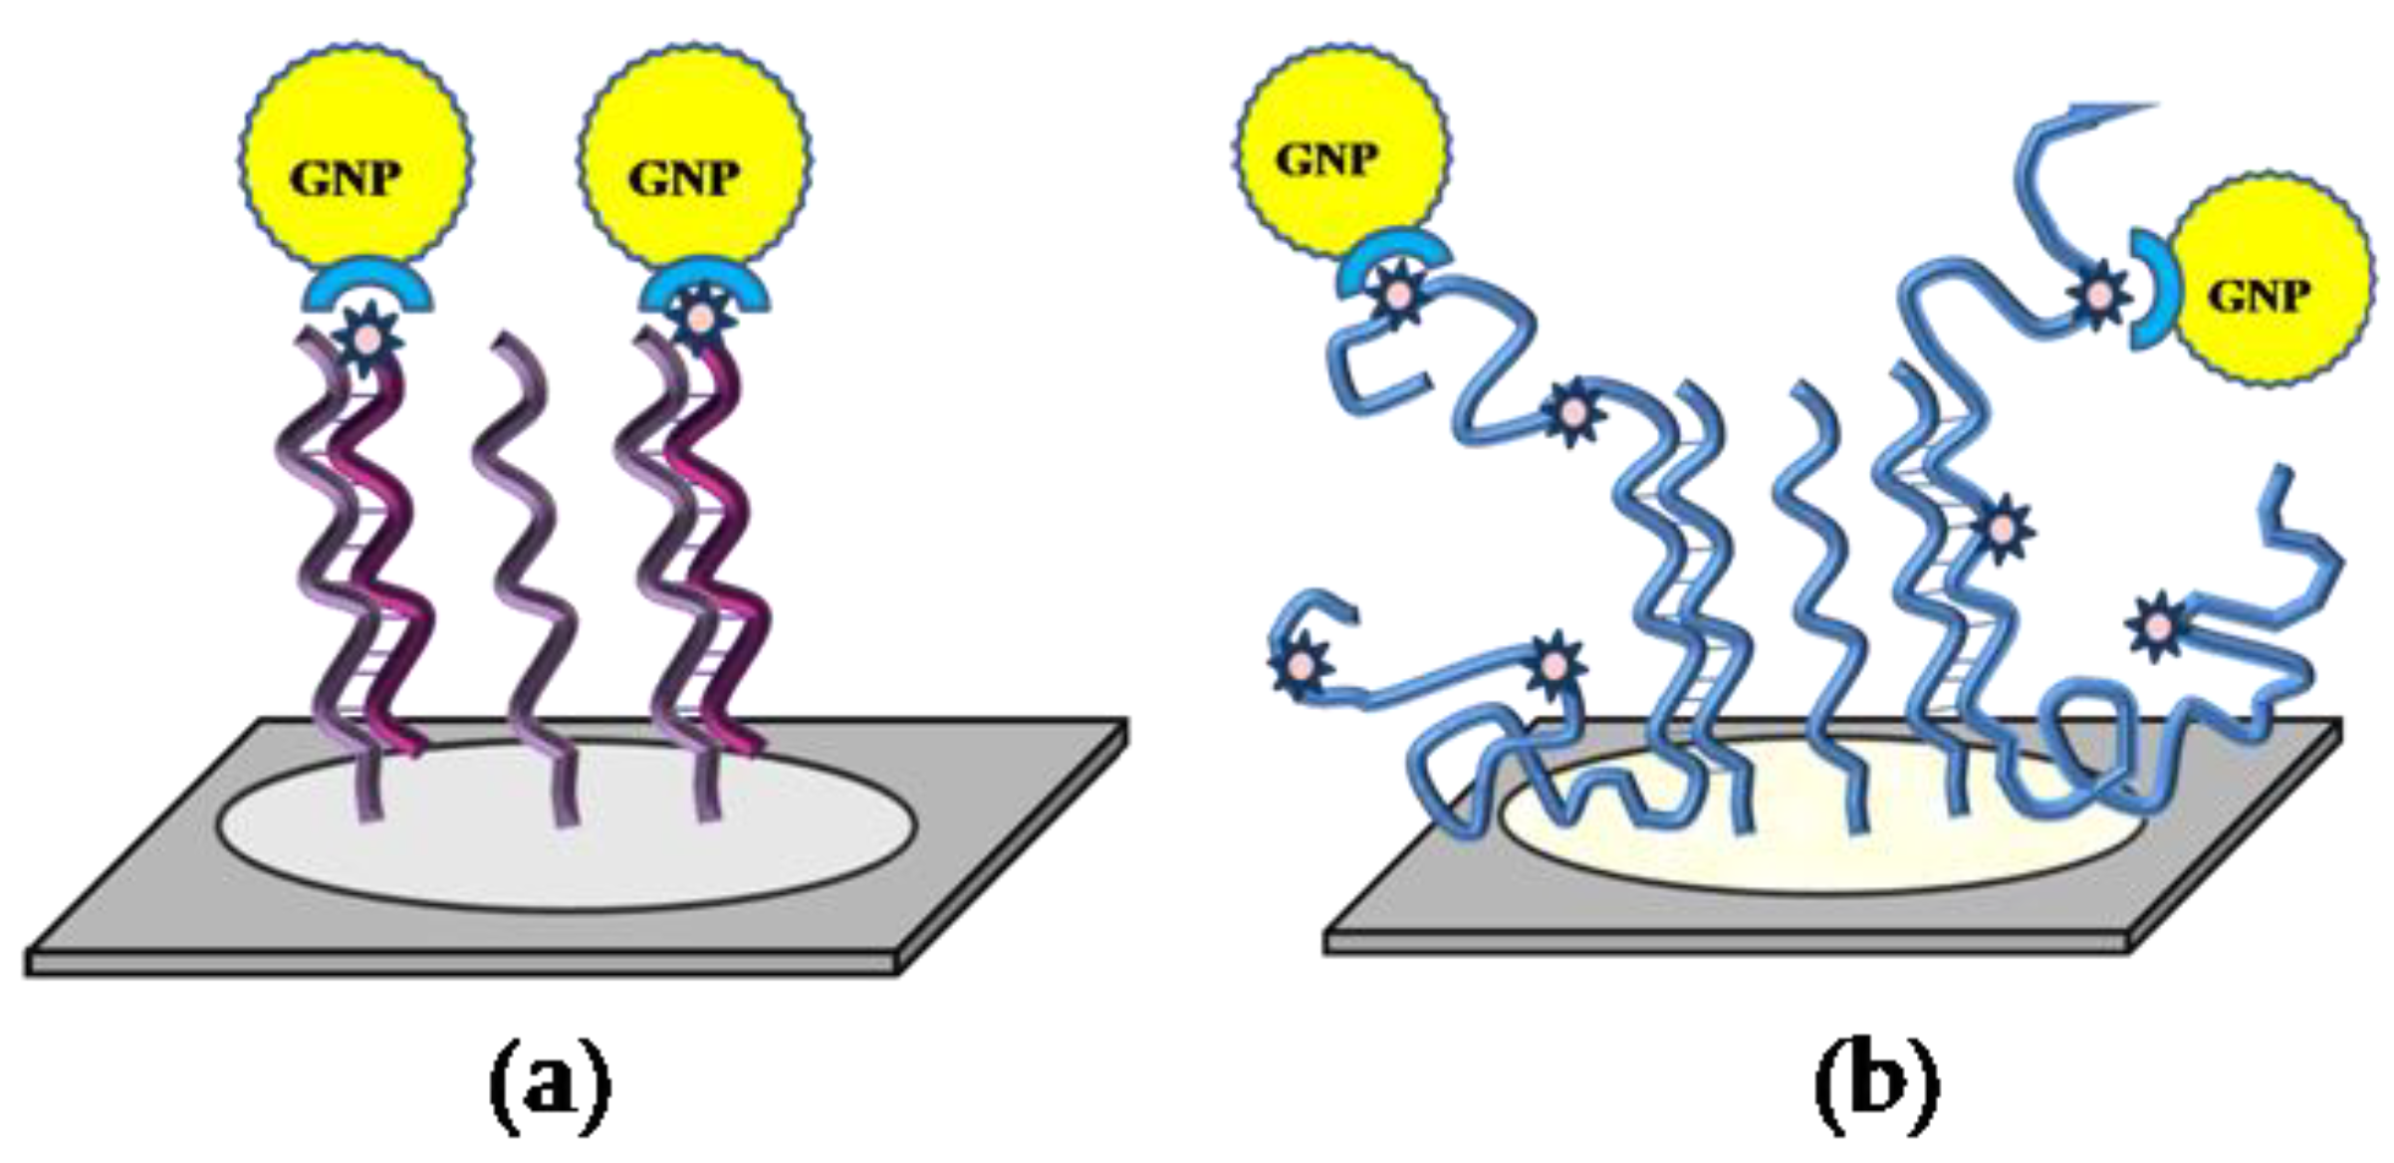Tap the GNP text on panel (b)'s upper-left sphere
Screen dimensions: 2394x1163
pos(1326,159)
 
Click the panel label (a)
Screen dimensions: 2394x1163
pos(549,1084)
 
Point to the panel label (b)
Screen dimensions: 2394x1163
pos(1876,1084)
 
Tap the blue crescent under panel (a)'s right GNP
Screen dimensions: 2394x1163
pos(704,279)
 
